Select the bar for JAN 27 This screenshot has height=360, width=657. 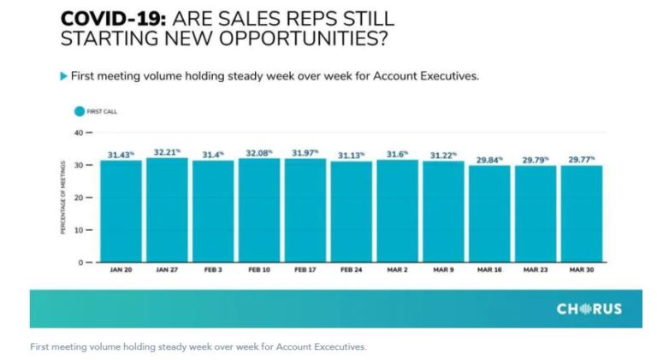(x=167, y=210)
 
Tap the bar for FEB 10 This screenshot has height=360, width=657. (x=259, y=210)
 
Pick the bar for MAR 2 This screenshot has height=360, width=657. (x=398, y=210)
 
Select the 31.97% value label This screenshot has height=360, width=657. (x=305, y=153)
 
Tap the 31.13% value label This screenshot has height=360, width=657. (x=351, y=155)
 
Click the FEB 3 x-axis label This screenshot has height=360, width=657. (x=212, y=270)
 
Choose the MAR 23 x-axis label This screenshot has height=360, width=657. (x=536, y=270)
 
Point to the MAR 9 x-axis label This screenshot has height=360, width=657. (x=443, y=270)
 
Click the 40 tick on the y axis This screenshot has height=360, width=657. (x=78, y=133)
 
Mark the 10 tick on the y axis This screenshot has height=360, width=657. (x=78, y=230)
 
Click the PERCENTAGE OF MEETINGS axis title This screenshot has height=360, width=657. (x=62, y=198)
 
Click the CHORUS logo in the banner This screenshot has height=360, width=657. (x=589, y=309)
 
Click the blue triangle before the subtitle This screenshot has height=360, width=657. (x=63, y=76)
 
